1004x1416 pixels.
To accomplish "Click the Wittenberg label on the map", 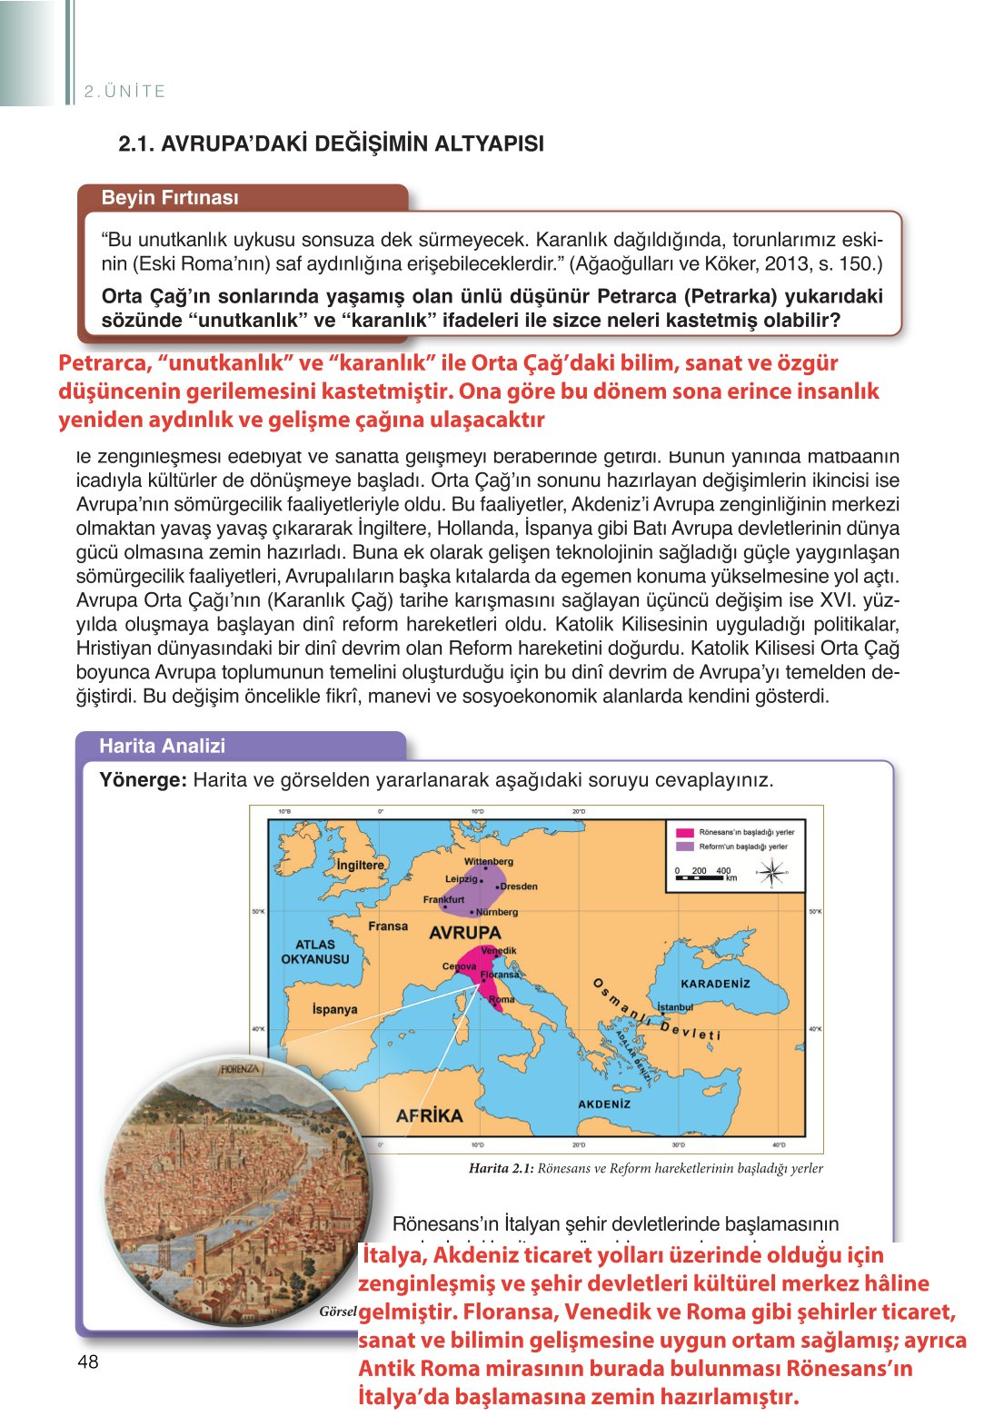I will coord(489,861).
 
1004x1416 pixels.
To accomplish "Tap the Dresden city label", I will coord(519,886).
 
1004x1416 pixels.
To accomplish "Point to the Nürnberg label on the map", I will coord(496,912).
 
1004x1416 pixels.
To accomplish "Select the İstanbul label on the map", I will coord(675,1007).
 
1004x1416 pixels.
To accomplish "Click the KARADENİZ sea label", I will coord(716,984).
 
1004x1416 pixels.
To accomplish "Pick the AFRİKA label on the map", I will coord(430,1115).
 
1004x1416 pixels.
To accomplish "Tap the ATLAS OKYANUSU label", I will coord(315,952).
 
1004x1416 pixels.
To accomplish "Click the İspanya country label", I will coord(334,1009).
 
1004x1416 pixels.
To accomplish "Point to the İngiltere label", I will coord(360,865).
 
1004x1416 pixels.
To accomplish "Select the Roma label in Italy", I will coord(502,999).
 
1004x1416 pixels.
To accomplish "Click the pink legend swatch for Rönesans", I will coord(684,832).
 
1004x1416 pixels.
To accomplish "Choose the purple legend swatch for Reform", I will coord(684,847).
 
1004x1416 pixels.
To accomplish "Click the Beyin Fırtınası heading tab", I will coord(170,198).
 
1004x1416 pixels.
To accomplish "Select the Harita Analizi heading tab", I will coord(163,746).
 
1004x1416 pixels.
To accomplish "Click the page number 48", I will coord(88,1362).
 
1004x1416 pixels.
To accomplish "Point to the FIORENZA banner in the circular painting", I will coord(239,1069).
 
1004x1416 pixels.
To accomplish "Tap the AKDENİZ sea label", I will coord(604,1104).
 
